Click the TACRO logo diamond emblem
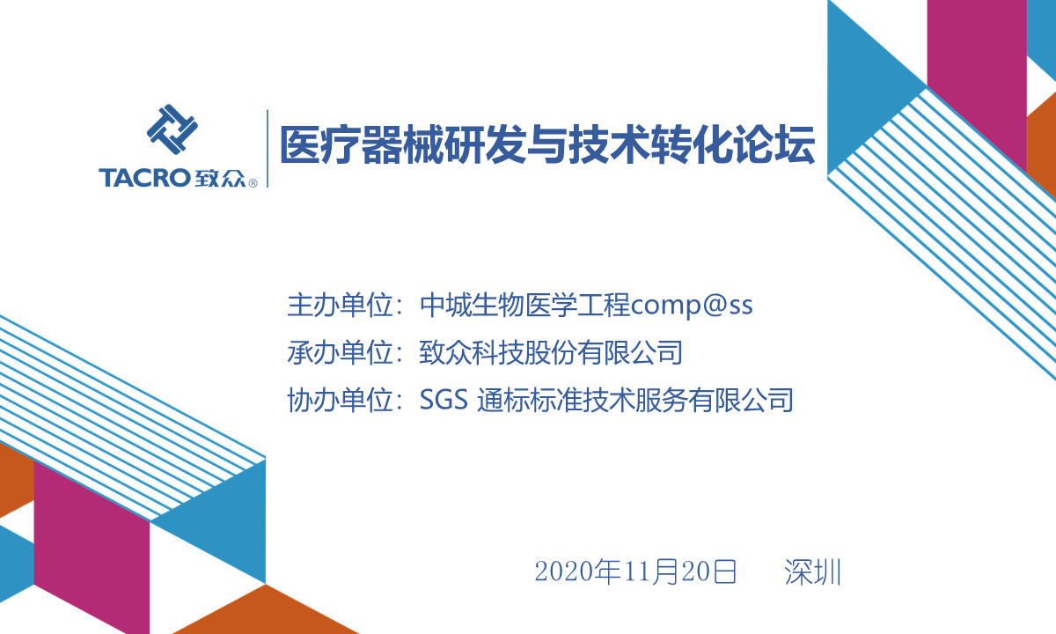[172, 129]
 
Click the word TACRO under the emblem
[144, 178]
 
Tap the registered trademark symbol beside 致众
[253, 183]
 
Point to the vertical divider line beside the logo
[268, 149]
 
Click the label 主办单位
[341, 305]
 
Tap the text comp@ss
[692, 306]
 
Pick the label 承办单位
[341, 352]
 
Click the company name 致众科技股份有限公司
[551, 352]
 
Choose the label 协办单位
[341, 400]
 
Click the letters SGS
[444, 400]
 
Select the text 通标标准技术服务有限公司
[635, 400]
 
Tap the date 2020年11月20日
[635, 571]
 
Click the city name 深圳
[813, 572]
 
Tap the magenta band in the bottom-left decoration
[92, 547]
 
